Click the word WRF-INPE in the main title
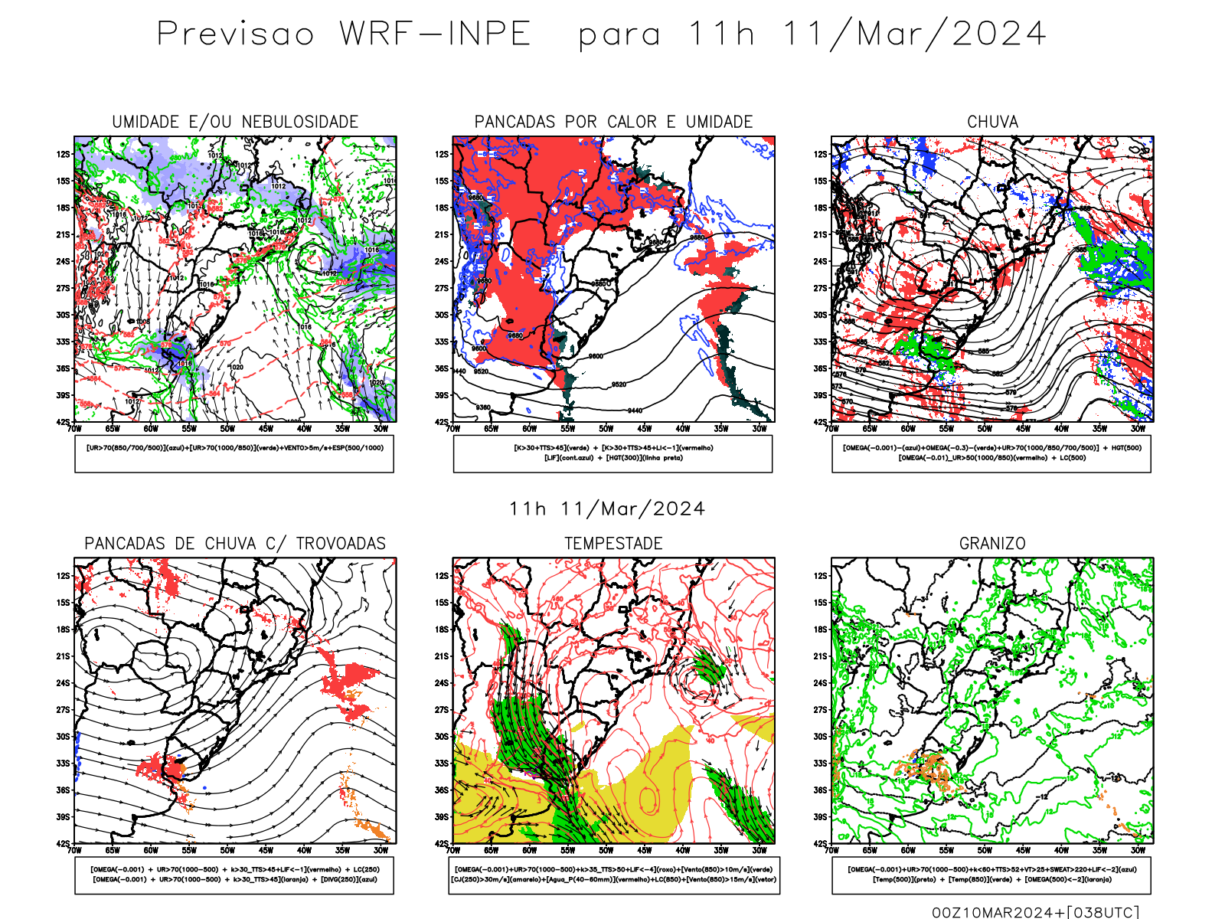(x=435, y=34)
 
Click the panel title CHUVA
(x=992, y=122)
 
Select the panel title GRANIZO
(x=992, y=544)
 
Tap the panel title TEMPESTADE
(x=613, y=544)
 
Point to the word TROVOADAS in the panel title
(x=341, y=544)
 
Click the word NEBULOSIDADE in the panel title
(x=300, y=122)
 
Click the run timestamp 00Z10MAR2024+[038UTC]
(x=1035, y=912)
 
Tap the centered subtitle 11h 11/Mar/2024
(x=607, y=509)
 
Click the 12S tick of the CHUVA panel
(x=821, y=154)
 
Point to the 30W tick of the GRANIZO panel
(x=1138, y=850)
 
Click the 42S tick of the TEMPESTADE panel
(x=442, y=843)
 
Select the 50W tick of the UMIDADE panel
(x=227, y=429)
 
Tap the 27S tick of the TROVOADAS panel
(x=63, y=710)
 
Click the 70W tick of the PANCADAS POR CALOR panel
(x=453, y=429)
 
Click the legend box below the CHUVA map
(x=991, y=453)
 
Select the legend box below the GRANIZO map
(x=991, y=875)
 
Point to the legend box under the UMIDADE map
(x=234, y=453)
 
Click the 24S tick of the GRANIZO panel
(x=821, y=683)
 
